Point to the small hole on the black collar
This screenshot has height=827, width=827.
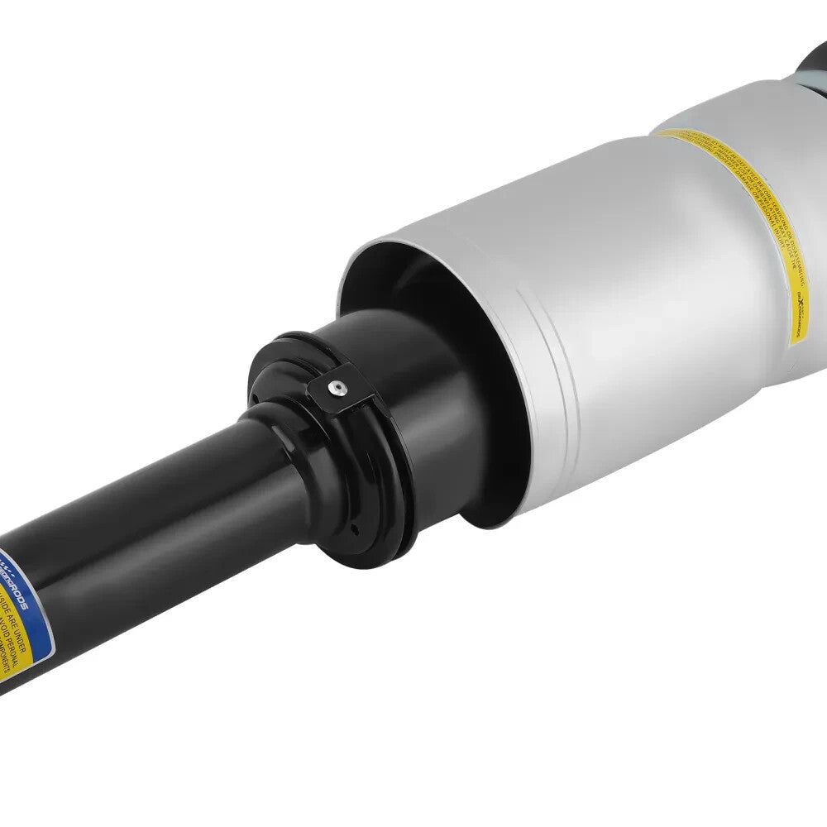pos(354,530)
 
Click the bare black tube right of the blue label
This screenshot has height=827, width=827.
pos(165,529)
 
